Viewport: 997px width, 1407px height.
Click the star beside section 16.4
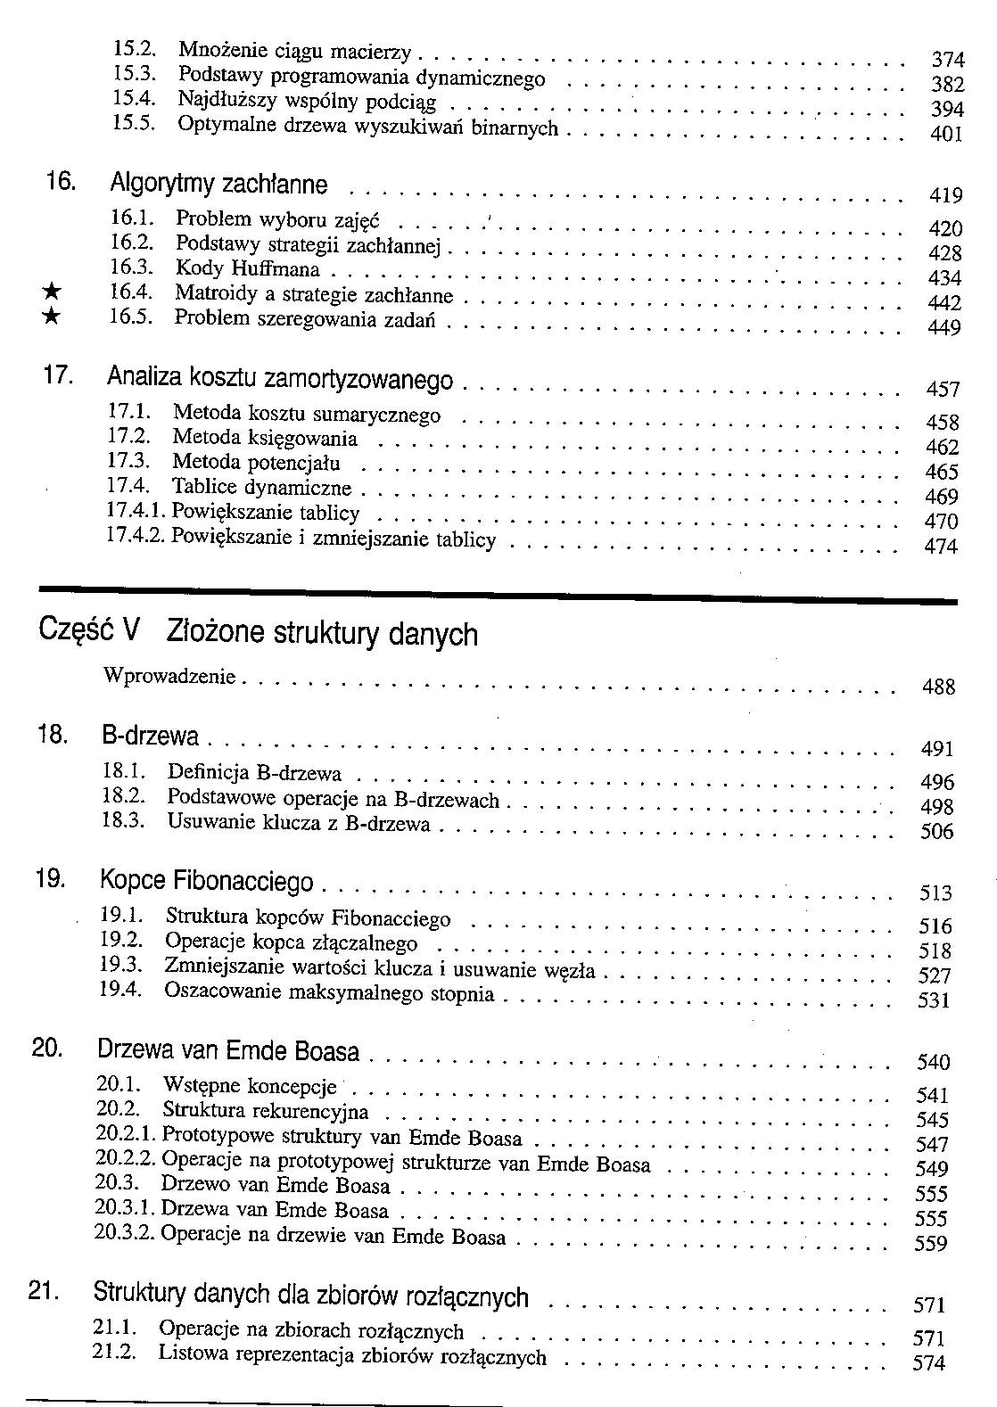click(54, 291)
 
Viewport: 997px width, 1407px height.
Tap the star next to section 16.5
click(54, 316)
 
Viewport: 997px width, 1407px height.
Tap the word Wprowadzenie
click(169, 676)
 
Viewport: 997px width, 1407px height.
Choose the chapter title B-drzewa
click(150, 737)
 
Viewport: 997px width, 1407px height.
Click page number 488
click(938, 687)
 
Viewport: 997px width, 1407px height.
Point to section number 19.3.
click(121, 965)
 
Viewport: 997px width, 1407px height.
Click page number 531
click(934, 1000)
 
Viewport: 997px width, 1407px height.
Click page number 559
click(931, 1244)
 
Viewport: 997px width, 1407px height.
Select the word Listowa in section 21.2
click(190, 1354)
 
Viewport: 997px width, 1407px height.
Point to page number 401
click(946, 135)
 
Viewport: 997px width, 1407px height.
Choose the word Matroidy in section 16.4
click(212, 292)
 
